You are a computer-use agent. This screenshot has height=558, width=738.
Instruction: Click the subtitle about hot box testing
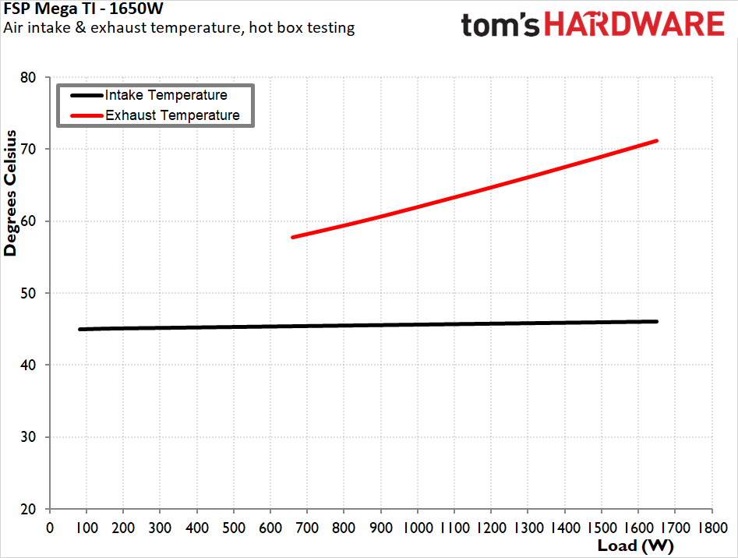click(x=179, y=28)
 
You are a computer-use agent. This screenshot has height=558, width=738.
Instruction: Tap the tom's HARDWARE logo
click(x=593, y=24)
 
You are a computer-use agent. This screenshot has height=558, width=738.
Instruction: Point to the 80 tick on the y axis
click(x=28, y=77)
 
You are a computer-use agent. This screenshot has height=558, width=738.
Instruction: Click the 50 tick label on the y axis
click(x=28, y=293)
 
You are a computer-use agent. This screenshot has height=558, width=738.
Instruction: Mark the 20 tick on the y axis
click(x=28, y=509)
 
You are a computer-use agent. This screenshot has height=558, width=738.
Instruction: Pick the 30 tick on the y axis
click(x=28, y=437)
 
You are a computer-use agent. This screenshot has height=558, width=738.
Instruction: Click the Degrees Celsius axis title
click(x=10, y=203)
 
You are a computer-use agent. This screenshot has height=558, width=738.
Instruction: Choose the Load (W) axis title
click(x=635, y=545)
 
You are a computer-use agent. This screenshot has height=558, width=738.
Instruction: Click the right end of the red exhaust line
click(x=657, y=140)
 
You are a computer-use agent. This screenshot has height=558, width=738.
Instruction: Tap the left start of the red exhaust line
click(x=293, y=237)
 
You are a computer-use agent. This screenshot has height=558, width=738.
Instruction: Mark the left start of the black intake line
click(x=80, y=329)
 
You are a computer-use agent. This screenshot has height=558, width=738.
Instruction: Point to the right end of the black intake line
click(x=657, y=321)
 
